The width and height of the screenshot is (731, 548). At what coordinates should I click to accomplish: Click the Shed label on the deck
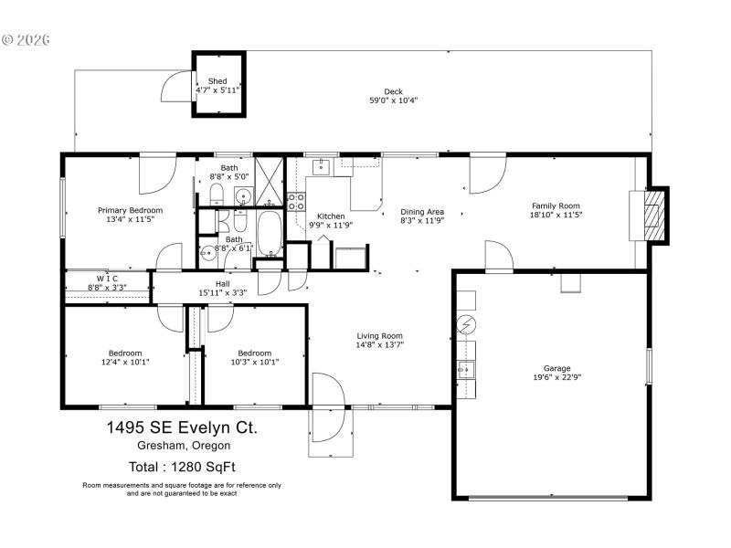tap(217, 81)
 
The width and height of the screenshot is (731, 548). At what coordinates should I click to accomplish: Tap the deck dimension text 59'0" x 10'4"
tap(393, 100)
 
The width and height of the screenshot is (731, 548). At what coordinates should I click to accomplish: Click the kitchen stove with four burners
tap(296, 201)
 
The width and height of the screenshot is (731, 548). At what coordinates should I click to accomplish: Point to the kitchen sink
tap(323, 166)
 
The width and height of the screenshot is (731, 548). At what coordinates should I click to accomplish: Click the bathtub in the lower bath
tap(270, 234)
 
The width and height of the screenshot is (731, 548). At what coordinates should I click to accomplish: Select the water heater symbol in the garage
tap(466, 325)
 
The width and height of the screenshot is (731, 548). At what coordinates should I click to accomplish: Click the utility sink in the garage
tap(466, 369)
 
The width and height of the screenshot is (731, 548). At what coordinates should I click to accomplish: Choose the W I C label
tap(107, 278)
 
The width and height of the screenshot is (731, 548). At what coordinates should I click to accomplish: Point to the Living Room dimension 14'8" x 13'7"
tap(379, 345)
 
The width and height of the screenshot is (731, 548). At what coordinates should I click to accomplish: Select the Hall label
tap(222, 283)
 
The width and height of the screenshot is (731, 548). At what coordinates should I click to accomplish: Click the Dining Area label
tap(421, 211)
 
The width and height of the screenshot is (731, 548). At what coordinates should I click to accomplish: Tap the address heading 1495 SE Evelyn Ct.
tap(179, 427)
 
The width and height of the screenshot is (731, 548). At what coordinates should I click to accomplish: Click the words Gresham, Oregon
tap(179, 446)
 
